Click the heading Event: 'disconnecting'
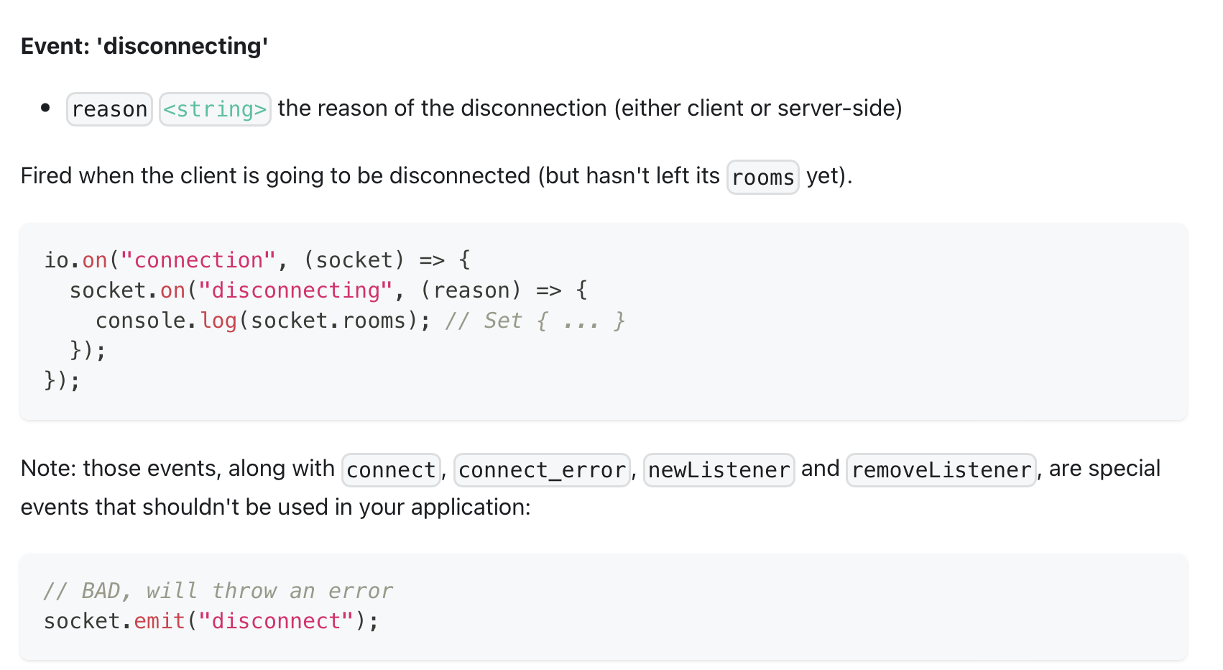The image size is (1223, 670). (144, 46)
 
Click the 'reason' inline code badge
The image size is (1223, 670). (109, 109)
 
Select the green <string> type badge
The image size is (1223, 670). (215, 109)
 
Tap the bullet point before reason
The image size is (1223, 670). (46, 109)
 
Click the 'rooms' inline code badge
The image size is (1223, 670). (762, 178)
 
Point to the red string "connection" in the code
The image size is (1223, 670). (198, 260)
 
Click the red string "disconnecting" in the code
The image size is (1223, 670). (295, 290)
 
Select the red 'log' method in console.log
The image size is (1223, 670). (218, 321)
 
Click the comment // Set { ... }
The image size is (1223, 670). (535, 321)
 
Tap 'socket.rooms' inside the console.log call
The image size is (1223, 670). (328, 321)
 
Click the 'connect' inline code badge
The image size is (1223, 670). (391, 470)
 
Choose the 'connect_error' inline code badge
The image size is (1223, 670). (542, 470)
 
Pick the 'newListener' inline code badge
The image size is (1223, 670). (719, 470)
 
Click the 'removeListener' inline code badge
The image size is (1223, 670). (941, 470)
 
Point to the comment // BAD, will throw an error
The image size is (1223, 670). (218, 591)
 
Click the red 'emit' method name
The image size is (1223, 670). (160, 621)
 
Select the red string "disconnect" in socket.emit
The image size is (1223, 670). (276, 621)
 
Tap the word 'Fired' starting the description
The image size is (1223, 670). (47, 176)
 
